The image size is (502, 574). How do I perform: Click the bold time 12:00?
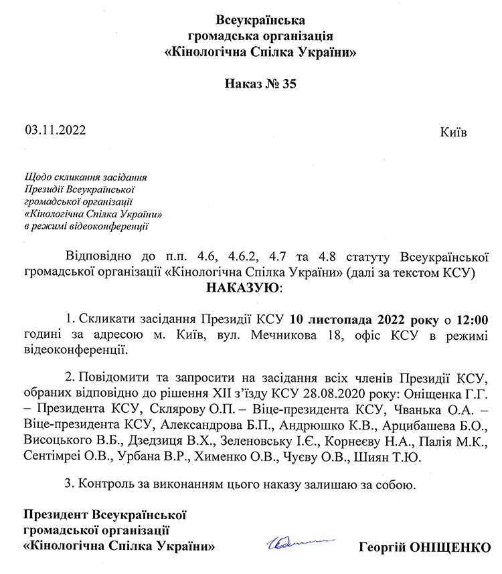click(475, 318)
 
